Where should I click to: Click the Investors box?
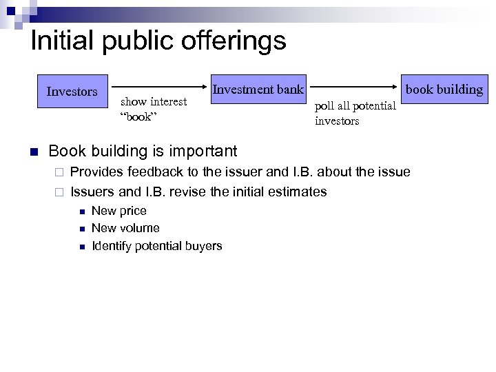coord(72,92)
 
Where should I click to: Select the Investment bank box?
coord(258,89)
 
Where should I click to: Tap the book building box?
coord(444,90)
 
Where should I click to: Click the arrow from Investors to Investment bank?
coord(163,87)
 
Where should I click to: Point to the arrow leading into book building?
coord(355,87)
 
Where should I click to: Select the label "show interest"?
coord(154,102)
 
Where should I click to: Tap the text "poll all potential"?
coord(355,106)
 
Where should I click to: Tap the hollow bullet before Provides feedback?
coord(59,172)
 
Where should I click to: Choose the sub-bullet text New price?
coord(118,211)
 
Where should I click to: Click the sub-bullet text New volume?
coord(125,228)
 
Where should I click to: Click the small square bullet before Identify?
coord(81,247)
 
